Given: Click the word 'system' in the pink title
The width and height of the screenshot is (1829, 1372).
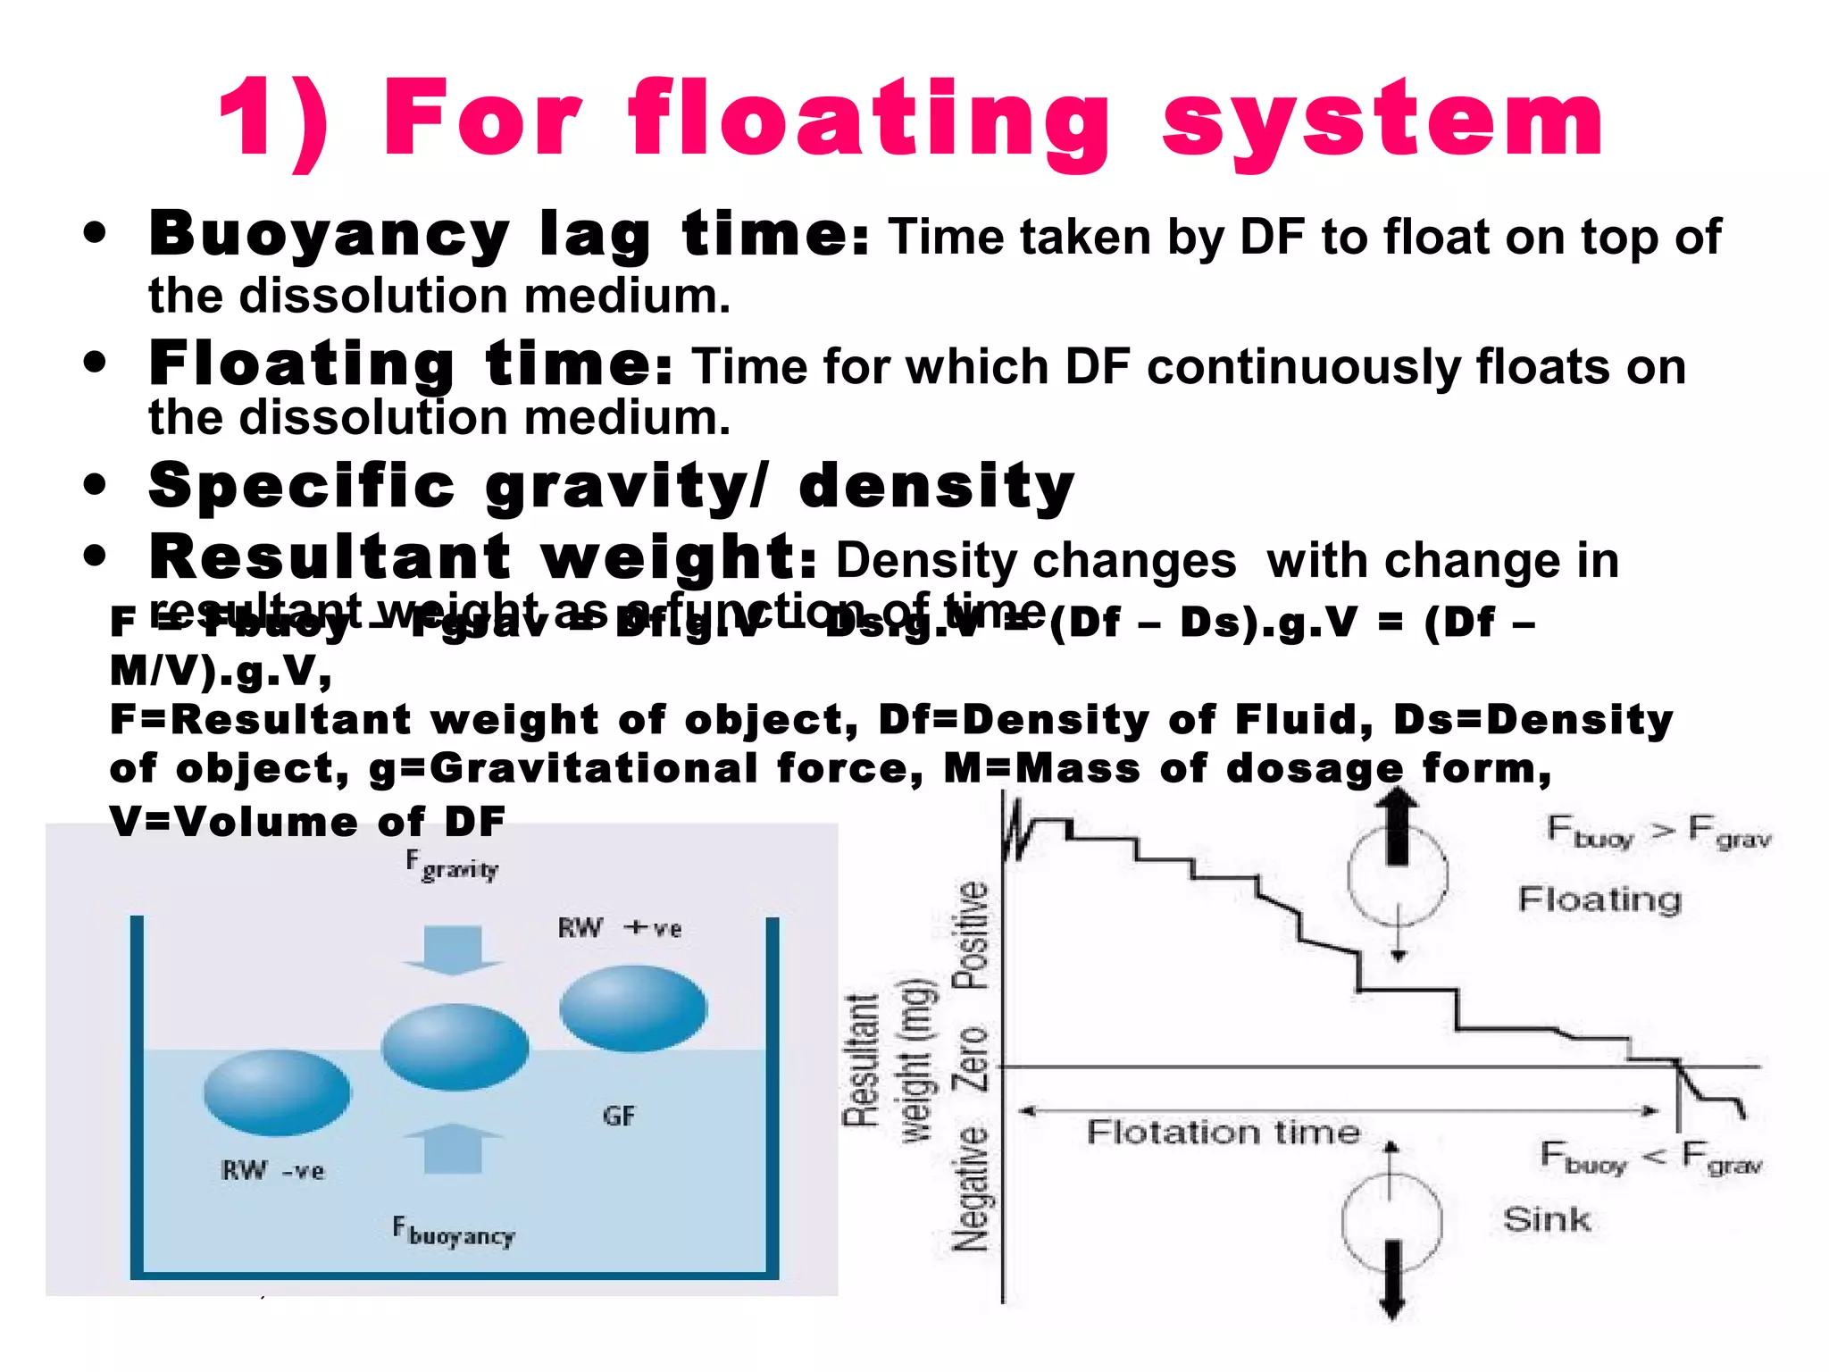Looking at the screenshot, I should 1382,121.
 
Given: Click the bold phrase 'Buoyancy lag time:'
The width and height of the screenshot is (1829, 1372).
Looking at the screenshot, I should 508,234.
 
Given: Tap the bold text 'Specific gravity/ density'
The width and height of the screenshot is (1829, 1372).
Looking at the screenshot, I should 612,486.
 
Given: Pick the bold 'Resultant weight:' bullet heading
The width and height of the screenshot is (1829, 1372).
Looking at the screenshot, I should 482,556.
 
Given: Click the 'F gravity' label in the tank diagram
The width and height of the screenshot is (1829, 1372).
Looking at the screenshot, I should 452,866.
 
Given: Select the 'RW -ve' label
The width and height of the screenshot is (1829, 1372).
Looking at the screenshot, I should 272,1170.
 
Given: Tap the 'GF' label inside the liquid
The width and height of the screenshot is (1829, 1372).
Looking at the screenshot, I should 619,1116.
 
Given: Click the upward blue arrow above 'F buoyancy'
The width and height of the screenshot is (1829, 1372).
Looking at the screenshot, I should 453,1149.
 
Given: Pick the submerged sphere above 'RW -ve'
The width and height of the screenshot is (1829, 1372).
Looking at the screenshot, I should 277,1092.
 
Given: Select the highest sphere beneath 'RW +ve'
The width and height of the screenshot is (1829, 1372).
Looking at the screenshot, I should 633,1008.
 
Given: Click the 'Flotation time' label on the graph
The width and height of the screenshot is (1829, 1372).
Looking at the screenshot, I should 1224,1133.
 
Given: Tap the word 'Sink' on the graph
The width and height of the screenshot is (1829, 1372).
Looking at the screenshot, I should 1547,1219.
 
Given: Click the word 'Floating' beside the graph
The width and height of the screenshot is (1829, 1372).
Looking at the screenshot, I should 1599,899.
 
